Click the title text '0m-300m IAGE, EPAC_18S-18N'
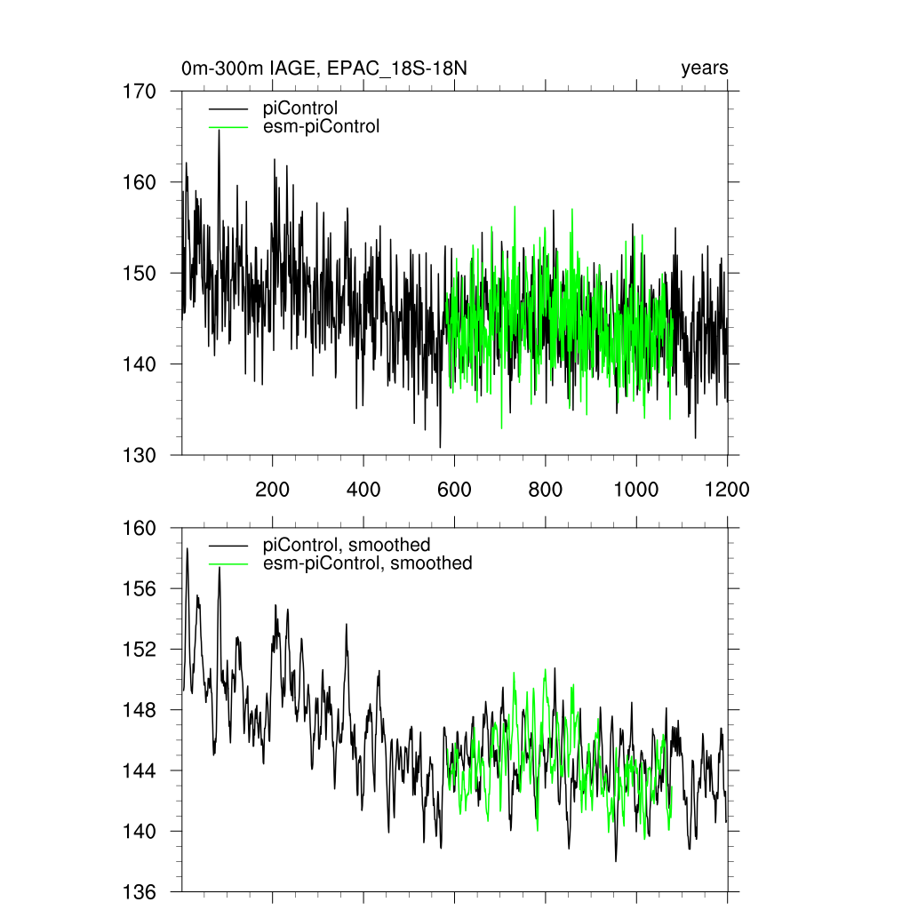click(x=318, y=68)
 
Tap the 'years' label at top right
click(x=705, y=68)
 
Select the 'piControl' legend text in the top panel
click(x=300, y=108)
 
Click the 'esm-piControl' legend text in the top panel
click(x=321, y=126)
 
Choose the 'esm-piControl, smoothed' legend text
click(x=367, y=563)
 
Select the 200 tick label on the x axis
click(x=272, y=490)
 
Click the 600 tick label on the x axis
click(x=454, y=490)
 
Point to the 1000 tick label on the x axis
click(x=636, y=490)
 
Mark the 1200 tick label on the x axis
click(x=727, y=490)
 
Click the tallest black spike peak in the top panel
click(x=219, y=131)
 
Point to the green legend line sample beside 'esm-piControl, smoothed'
click(x=227, y=563)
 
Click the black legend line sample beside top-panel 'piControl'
click(x=227, y=109)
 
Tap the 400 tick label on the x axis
click(x=363, y=490)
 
